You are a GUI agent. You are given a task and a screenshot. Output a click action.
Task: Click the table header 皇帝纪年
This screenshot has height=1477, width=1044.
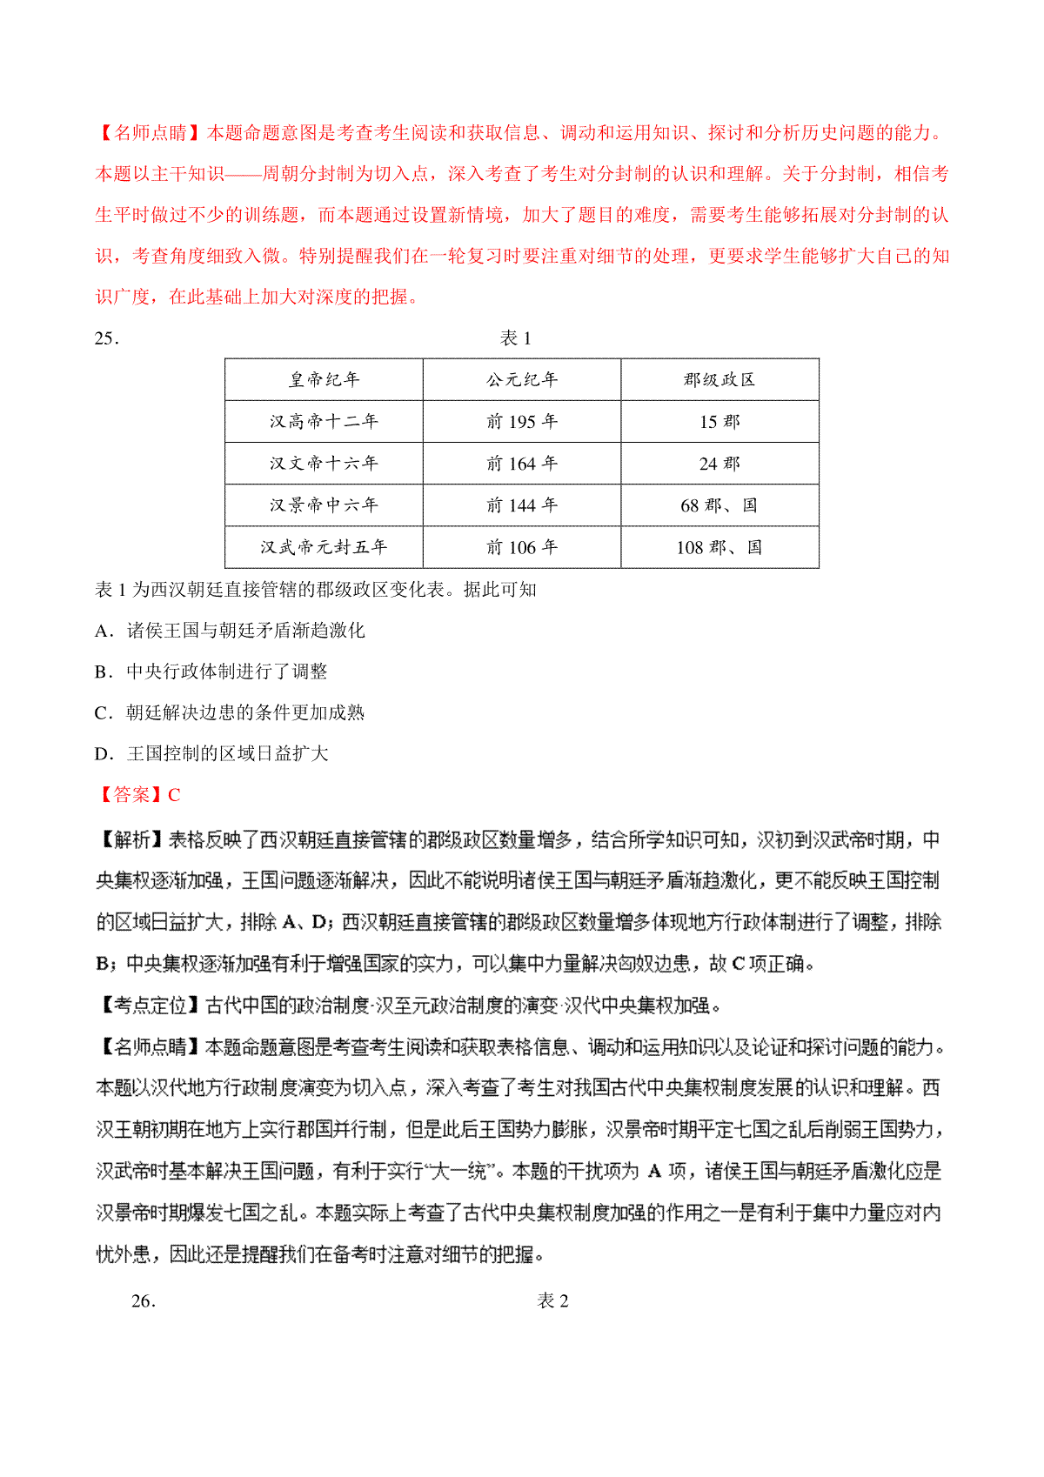coord(324,379)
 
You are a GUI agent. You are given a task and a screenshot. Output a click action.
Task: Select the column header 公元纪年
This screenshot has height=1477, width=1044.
coord(522,379)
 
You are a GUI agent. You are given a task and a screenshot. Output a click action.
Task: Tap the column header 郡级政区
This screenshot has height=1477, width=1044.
coord(719,379)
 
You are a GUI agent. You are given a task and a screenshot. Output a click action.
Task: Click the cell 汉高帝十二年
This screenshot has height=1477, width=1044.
coord(324,421)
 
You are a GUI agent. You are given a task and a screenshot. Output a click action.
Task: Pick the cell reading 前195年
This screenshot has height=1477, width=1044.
coord(522,421)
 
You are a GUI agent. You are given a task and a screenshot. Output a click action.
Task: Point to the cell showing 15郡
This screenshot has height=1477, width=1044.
coord(719,421)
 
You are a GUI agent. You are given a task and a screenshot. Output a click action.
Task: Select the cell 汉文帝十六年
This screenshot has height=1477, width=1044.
coord(324,463)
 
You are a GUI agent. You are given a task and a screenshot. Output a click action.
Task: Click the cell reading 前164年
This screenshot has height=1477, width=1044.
coord(522,463)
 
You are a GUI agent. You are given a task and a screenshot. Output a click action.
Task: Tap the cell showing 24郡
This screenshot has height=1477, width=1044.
coord(719,463)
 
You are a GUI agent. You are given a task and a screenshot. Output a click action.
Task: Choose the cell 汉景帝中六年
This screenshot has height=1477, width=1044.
coord(324,505)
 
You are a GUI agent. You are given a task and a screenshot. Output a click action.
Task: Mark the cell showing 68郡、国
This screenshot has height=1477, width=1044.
coord(719,505)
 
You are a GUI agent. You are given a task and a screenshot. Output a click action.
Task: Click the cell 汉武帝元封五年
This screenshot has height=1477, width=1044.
coord(324,547)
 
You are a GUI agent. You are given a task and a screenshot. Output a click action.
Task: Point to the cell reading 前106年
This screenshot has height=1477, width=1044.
coord(522,547)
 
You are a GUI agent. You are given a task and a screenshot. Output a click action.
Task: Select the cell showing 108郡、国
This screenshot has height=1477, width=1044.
coord(719,547)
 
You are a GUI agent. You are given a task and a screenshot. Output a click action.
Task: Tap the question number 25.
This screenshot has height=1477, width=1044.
coord(106,338)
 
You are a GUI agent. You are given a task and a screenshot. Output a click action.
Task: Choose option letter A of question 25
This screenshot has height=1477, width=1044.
coord(102,631)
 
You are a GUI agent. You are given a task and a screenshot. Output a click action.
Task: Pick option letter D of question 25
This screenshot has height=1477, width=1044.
coord(102,754)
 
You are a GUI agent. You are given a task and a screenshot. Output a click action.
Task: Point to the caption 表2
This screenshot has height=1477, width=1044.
coord(553,1300)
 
